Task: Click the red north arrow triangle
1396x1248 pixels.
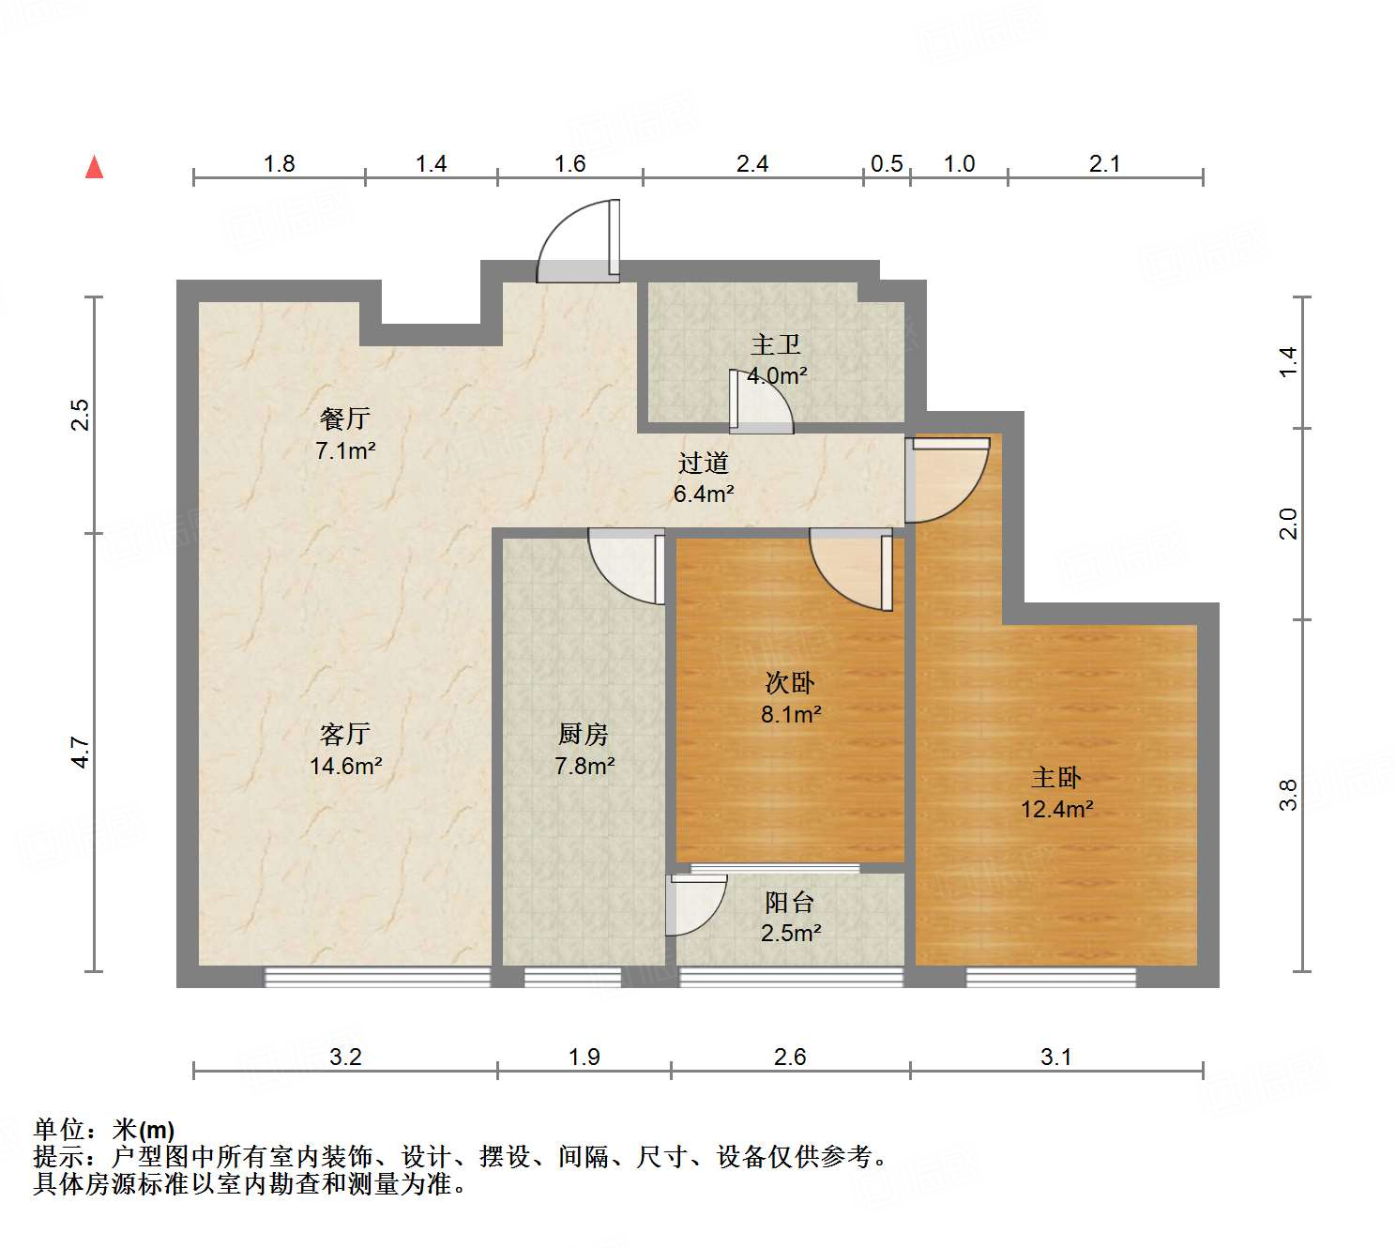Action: click(94, 167)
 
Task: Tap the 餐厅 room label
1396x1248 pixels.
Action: click(344, 419)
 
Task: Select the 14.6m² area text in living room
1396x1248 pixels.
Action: click(345, 766)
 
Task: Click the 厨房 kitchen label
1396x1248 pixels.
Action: click(584, 734)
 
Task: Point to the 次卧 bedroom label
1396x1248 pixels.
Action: click(790, 682)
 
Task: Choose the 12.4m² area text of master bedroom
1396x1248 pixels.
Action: click(1056, 809)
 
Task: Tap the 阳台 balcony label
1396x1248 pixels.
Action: click(789, 902)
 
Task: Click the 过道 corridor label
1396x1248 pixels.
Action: click(703, 463)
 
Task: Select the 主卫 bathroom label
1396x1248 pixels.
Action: click(776, 344)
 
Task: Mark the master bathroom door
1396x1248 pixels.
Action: click(762, 402)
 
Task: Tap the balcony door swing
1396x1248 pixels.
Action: click(695, 906)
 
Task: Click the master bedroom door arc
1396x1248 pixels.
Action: click(948, 479)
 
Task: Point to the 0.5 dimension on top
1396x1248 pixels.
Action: click(886, 164)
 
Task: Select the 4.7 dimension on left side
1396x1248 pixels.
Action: click(82, 753)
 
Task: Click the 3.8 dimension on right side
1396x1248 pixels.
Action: click(1289, 795)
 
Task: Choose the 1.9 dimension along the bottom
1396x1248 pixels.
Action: click(584, 1058)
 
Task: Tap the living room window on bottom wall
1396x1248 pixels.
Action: click(377, 977)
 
